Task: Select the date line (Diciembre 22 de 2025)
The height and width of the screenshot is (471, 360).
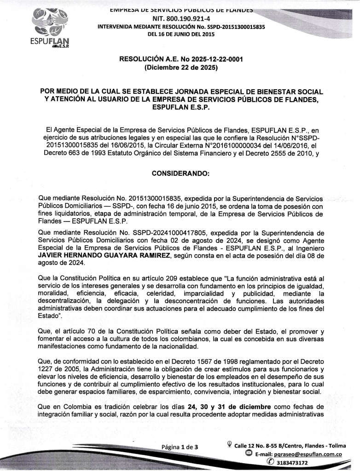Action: point(181,68)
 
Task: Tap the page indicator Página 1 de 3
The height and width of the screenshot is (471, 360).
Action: point(180,447)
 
